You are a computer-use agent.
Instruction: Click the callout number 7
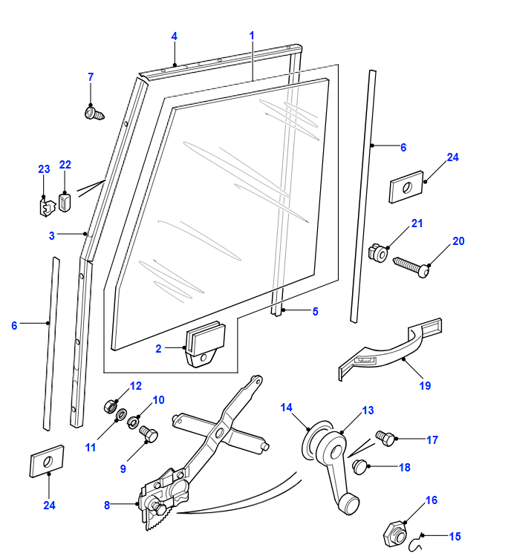point(91,76)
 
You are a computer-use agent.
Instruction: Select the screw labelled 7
point(93,114)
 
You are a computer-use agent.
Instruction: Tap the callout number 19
point(425,386)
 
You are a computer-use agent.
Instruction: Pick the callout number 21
point(417,223)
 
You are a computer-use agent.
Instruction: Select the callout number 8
point(107,505)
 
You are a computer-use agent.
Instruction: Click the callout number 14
point(287,407)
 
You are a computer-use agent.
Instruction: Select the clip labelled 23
point(46,205)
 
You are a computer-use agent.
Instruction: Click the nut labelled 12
point(108,406)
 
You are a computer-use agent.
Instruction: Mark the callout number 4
point(174,36)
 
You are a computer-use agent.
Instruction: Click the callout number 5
point(315,312)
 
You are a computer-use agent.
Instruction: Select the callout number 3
point(52,235)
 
